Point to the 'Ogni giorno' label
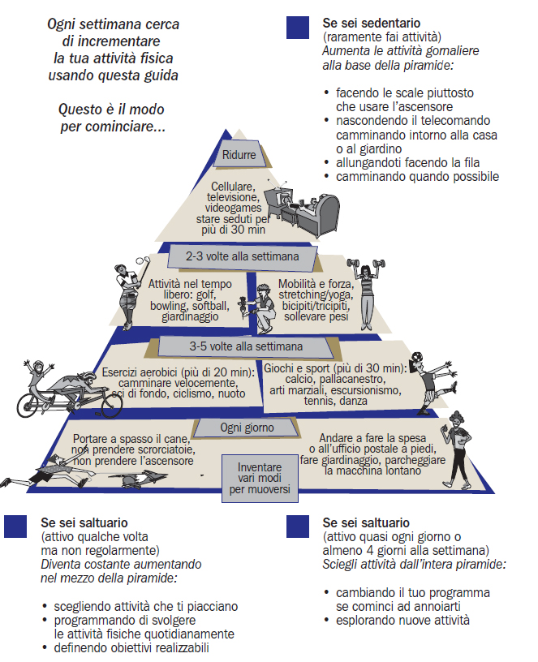coord(247,427)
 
